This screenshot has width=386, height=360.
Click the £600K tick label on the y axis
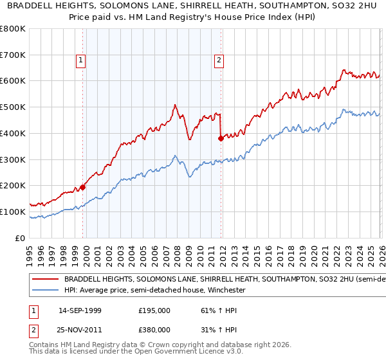[13, 81]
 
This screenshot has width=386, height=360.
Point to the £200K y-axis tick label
[13, 186]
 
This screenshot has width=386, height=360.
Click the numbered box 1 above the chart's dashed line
[81, 61]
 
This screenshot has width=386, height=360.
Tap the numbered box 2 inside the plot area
[219, 61]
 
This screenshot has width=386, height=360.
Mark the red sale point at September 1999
[82, 187]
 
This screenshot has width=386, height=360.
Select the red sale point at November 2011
[221, 138]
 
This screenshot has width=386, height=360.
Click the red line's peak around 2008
[174, 105]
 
